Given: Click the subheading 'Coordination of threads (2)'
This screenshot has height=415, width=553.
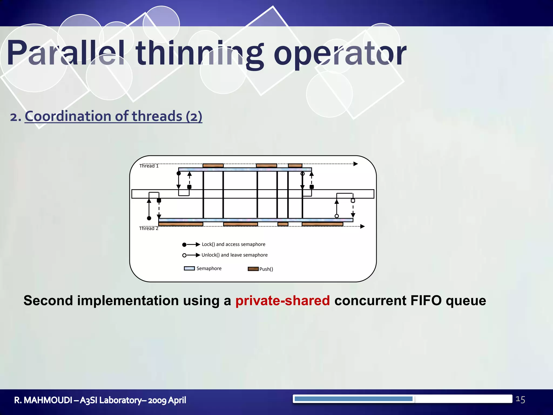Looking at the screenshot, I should click(x=113, y=116).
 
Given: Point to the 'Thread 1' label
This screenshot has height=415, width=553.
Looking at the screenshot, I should click(x=149, y=166).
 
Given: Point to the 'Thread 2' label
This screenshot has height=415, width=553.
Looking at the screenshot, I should click(x=149, y=228).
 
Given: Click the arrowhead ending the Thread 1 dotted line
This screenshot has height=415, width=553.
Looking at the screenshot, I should click(x=356, y=164).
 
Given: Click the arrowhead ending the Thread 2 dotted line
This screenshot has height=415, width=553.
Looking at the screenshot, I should click(x=363, y=226).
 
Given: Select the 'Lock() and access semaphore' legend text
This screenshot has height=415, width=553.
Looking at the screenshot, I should click(x=233, y=244).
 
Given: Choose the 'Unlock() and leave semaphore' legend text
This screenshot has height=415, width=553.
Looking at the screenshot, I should click(x=234, y=255).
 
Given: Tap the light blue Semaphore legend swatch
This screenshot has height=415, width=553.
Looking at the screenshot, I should click(x=189, y=268).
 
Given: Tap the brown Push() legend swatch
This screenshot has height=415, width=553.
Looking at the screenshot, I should click(x=253, y=269).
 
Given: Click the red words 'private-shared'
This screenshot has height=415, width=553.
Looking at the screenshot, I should click(x=282, y=300).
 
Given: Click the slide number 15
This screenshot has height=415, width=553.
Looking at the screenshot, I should click(x=520, y=399).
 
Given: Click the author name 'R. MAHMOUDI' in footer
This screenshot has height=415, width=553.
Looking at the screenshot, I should click(x=43, y=400).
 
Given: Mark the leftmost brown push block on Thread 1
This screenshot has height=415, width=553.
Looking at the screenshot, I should click(x=213, y=165).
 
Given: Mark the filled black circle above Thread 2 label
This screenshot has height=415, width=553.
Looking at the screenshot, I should click(x=149, y=218).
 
